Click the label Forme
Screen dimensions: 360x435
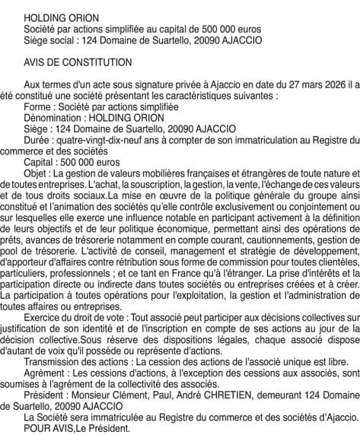point(37,107)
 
